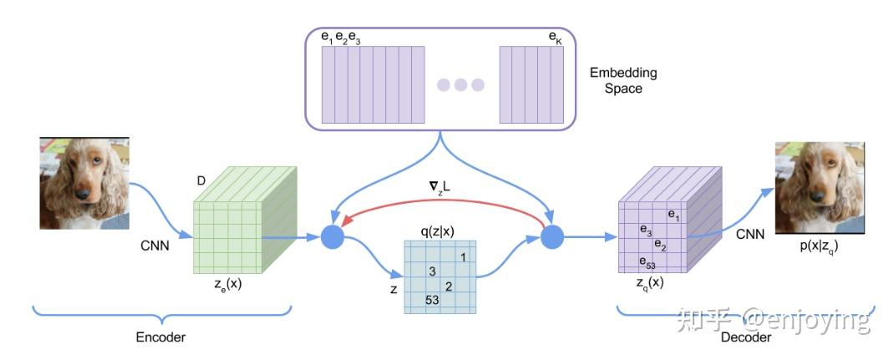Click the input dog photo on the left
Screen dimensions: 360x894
pos(84,183)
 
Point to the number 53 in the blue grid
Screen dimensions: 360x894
pos(432,300)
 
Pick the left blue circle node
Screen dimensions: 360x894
pos(333,237)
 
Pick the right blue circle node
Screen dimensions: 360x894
pos(552,237)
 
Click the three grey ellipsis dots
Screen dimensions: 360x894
pos(460,84)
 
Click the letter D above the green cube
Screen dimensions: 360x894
pos(200,181)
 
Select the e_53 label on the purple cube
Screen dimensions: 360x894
pos(647,261)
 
